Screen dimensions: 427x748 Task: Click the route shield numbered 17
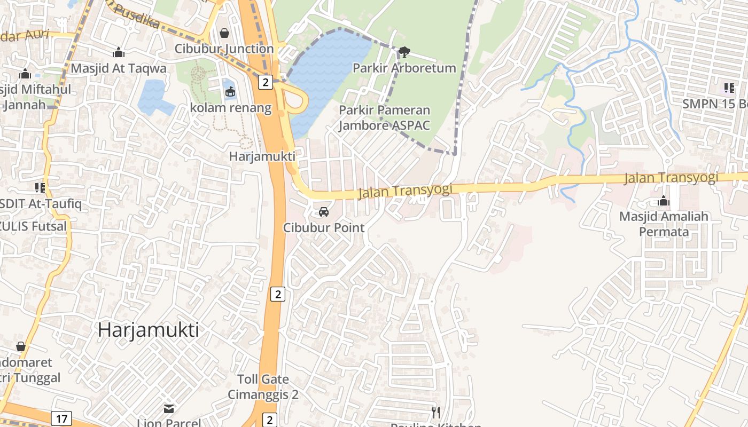pyautogui.click(x=61, y=418)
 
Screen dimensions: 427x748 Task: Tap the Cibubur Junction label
pyautogui.click(x=224, y=49)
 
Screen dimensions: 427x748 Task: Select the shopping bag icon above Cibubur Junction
pyautogui.click(x=224, y=34)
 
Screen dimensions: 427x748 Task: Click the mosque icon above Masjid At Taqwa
pyautogui.click(x=119, y=53)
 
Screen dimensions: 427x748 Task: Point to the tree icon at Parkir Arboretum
pyautogui.click(x=404, y=52)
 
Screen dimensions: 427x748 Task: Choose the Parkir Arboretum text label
pyautogui.click(x=404, y=68)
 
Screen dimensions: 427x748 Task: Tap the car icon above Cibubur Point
pyautogui.click(x=323, y=212)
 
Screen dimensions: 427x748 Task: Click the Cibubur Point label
pyautogui.click(x=324, y=227)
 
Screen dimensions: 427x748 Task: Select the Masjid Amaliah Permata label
pyautogui.click(x=664, y=224)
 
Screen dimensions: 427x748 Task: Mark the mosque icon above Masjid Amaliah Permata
pyautogui.click(x=664, y=201)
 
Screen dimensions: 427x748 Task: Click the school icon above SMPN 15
pyautogui.click(x=729, y=88)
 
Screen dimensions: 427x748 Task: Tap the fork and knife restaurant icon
pyautogui.click(x=436, y=412)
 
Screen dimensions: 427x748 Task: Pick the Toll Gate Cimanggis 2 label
pyautogui.click(x=263, y=387)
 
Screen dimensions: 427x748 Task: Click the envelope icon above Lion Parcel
pyautogui.click(x=169, y=409)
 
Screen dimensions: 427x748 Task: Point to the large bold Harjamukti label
pyautogui.click(x=148, y=330)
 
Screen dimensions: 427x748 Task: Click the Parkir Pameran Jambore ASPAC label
pyautogui.click(x=385, y=118)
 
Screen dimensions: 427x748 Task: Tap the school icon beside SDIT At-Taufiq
pyautogui.click(x=40, y=187)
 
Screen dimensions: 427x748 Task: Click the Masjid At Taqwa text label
pyautogui.click(x=119, y=68)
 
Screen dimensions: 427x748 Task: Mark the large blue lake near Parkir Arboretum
pyautogui.click(x=326, y=75)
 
